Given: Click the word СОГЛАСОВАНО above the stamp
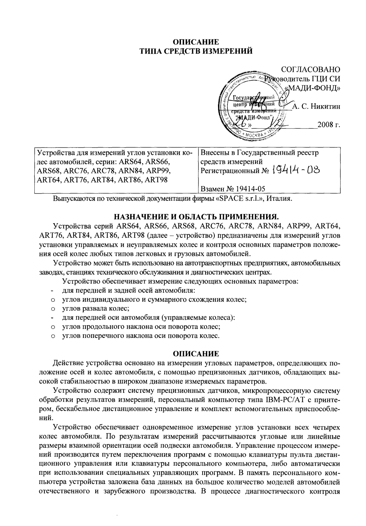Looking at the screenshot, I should [x=310, y=69].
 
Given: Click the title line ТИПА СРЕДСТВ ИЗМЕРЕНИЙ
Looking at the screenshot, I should [x=196, y=51].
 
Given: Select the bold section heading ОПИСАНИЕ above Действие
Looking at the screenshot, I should [x=196, y=353].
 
